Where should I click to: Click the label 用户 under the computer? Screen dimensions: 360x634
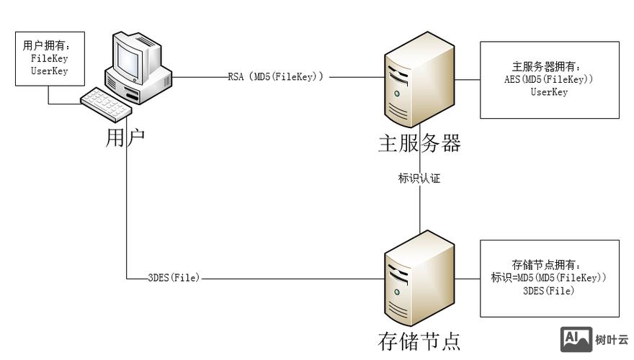point(125,138)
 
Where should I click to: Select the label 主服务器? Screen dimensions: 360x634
point(419,143)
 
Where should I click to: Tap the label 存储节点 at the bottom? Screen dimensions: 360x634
point(419,340)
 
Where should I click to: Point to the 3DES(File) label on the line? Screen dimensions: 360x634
point(173,276)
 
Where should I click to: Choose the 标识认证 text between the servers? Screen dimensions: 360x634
point(419,179)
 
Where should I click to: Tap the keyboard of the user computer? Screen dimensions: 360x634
point(107,103)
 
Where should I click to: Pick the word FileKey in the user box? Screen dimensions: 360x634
point(49,58)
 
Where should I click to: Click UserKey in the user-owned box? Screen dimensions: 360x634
point(49,71)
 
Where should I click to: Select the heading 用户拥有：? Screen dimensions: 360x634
point(49,45)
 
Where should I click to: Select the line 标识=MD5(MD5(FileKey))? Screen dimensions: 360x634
point(549,277)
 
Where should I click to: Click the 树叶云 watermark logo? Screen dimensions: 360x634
point(594,339)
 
